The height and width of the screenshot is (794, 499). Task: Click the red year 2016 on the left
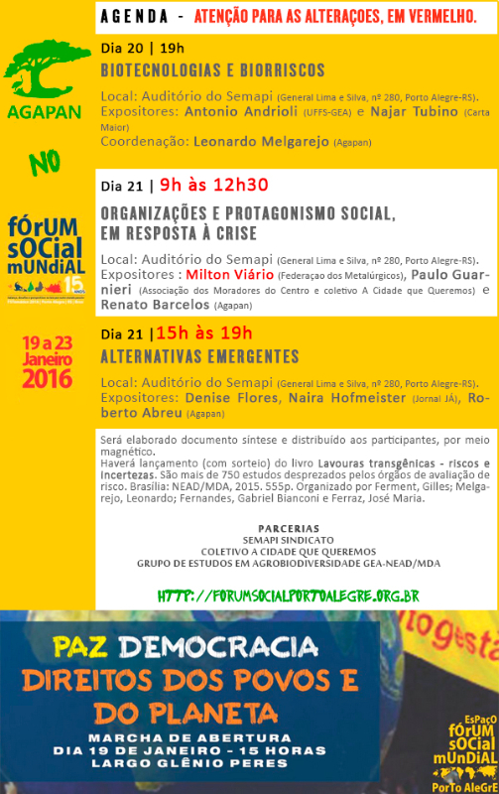pyautogui.click(x=47, y=378)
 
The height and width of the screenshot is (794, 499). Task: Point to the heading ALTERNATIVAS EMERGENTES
pyautogui.click(x=199, y=355)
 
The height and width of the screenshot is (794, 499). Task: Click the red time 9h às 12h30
pyautogui.click(x=213, y=185)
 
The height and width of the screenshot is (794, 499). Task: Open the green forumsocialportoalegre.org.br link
pyautogui.click(x=290, y=595)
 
